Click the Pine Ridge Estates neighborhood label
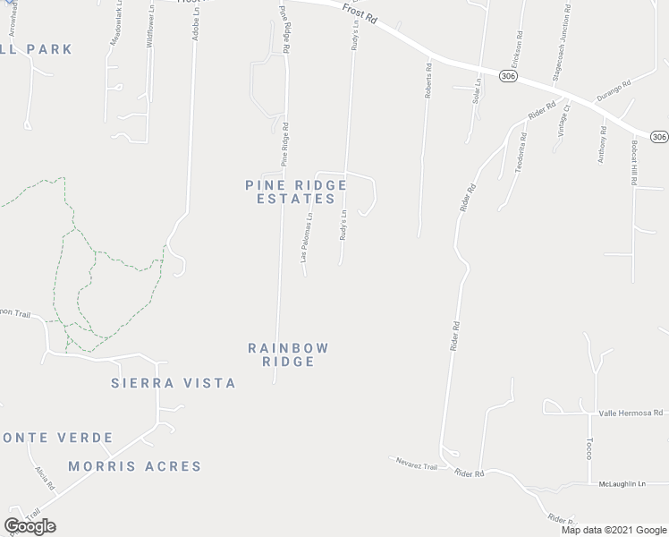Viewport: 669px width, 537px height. (x=295, y=192)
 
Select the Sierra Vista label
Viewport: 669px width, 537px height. (x=173, y=383)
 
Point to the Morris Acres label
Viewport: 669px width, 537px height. (x=135, y=466)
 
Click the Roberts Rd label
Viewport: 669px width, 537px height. (x=428, y=80)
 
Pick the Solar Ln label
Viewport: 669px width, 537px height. (x=478, y=91)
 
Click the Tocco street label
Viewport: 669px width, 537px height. (x=589, y=448)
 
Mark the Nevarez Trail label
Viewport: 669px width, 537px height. (x=417, y=466)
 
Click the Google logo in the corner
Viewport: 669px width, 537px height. (x=30, y=526)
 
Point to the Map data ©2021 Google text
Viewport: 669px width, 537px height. (x=614, y=530)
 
